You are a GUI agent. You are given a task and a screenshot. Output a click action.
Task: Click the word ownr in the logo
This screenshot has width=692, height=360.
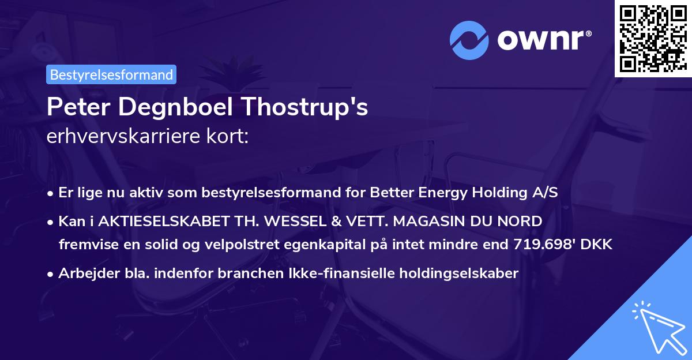[x=543, y=40]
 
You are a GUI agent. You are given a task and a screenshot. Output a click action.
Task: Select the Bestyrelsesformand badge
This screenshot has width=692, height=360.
[x=111, y=74]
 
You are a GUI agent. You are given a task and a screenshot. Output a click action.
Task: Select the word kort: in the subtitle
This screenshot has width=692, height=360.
[x=228, y=137]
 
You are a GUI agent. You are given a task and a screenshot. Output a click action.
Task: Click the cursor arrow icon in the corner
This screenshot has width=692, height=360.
[x=657, y=328]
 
